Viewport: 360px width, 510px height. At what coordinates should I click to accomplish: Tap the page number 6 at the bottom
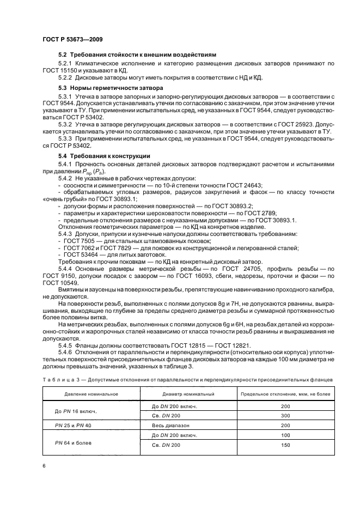click(44, 466)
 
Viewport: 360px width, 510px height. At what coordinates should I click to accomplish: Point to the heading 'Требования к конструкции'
click(112, 156)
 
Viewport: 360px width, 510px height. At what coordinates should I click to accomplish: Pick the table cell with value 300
click(285, 416)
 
